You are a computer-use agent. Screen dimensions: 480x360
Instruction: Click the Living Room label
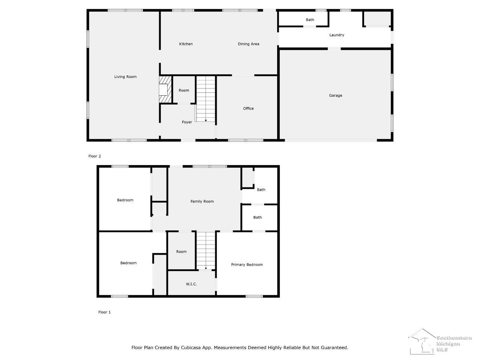click(x=125, y=77)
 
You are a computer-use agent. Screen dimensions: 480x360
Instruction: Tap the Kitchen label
click(x=186, y=44)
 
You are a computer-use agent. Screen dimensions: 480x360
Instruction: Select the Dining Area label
click(x=248, y=44)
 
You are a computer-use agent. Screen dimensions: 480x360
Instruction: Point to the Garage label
click(x=336, y=96)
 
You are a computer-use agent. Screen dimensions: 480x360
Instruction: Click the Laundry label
click(x=336, y=35)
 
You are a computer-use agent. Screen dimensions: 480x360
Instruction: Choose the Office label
click(x=248, y=108)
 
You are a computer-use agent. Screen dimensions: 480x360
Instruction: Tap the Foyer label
click(x=187, y=122)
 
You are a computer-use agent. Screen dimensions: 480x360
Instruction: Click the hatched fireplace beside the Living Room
click(x=165, y=89)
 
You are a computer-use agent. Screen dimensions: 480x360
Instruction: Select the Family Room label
click(x=202, y=201)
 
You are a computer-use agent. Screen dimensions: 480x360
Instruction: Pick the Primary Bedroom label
click(x=247, y=264)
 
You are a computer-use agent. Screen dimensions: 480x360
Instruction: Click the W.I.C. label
click(x=191, y=284)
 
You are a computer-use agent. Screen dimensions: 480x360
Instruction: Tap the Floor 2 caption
click(x=94, y=156)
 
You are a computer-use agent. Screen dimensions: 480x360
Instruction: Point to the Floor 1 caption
click(x=104, y=312)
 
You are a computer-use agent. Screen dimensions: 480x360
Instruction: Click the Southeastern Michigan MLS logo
click(x=440, y=341)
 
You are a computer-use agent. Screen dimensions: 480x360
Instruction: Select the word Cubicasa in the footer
click(x=190, y=348)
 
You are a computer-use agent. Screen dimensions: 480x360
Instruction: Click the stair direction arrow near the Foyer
click(x=206, y=120)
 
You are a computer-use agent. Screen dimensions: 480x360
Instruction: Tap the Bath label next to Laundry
click(x=310, y=19)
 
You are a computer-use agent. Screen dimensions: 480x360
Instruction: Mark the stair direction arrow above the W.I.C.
click(x=206, y=268)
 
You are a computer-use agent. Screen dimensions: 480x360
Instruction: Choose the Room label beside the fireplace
click(x=184, y=90)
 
